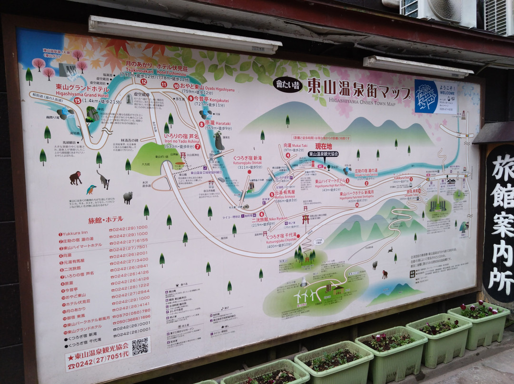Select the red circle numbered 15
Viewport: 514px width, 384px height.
coord(78,100)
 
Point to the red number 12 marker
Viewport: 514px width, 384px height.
coord(143,81)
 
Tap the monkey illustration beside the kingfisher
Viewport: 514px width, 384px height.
coord(75,178)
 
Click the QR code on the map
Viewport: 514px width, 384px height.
coord(140,346)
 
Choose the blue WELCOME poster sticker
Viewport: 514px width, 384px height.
coord(435,96)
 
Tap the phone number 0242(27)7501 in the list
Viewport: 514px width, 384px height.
coord(128,247)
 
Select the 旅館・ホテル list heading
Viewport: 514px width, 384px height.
coord(105,220)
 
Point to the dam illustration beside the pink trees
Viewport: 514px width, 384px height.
coord(69,70)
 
